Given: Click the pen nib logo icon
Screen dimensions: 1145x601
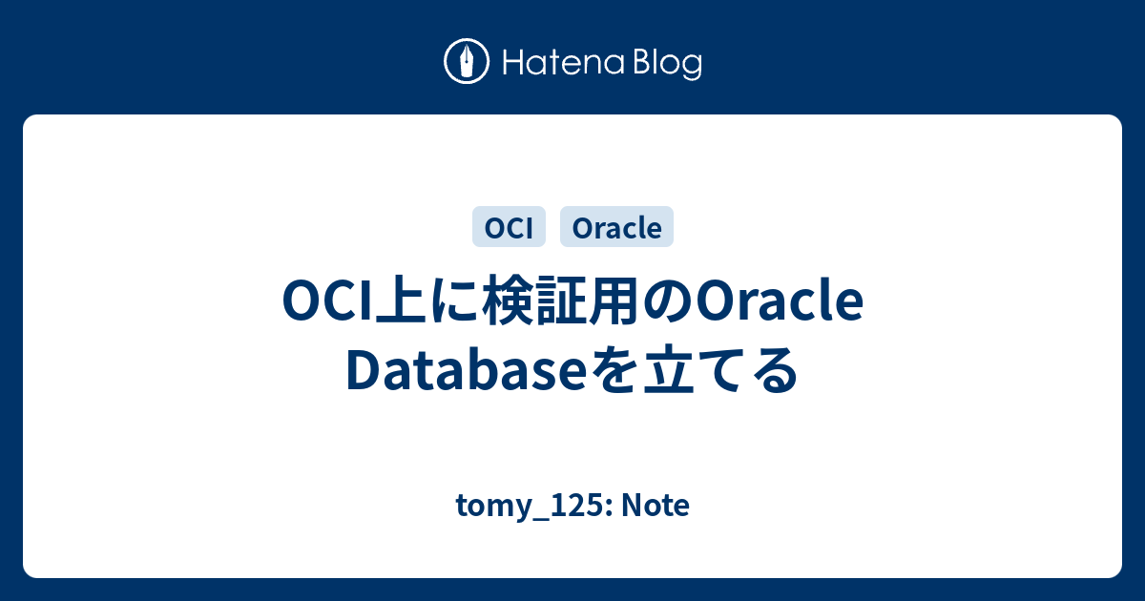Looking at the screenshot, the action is click(467, 61).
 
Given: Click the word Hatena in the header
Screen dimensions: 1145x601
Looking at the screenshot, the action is click(564, 63).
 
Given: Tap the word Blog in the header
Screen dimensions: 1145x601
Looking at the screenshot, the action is click(668, 65).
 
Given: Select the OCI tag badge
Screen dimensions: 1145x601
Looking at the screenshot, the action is click(509, 227).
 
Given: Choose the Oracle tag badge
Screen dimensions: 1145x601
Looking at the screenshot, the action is click(616, 227).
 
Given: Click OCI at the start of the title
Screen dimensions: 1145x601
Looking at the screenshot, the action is click(328, 301).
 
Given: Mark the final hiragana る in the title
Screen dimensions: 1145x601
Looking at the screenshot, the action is click(773, 369).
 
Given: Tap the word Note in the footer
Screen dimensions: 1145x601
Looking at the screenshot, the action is click(656, 505).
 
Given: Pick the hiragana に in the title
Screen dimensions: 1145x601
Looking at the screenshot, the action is click(454, 301).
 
